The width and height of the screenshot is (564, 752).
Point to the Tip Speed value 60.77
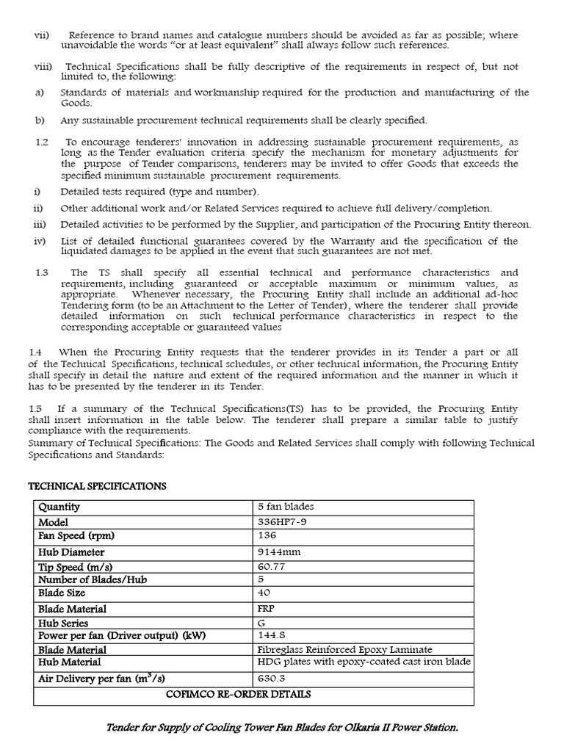pos(272,567)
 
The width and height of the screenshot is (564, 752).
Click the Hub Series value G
pos(261,622)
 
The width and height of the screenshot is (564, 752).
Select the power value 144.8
pos(271,635)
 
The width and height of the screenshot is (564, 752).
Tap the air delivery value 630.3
pos(271,679)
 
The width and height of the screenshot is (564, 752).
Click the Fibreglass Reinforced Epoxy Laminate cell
pos(344,649)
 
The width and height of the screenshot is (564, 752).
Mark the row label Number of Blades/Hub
pos(93,579)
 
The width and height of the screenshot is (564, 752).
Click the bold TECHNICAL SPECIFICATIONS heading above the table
pos(97,486)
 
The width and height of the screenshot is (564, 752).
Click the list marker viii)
pos(43,67)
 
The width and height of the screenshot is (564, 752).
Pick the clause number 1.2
pos(42,141)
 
